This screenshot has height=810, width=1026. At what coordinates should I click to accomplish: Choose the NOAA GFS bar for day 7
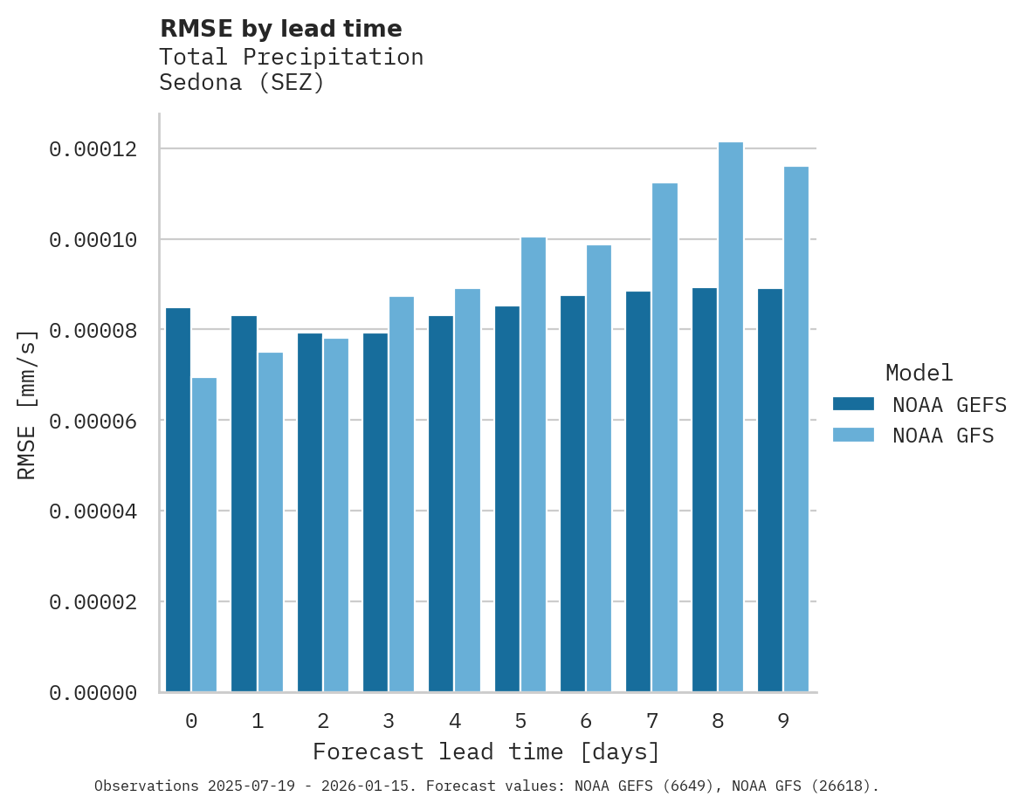click(664, 437)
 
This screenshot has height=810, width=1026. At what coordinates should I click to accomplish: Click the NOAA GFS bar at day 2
click(336, 515)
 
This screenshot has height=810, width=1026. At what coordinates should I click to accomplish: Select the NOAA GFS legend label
click(943, 435)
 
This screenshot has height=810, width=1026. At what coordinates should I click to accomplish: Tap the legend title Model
click(919, 373)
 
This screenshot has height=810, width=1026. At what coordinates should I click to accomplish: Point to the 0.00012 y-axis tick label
click(93, 149)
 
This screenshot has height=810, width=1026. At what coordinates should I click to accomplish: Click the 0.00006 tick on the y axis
click(93, 421)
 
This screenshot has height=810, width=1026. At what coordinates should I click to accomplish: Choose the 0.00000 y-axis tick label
click(93, 693)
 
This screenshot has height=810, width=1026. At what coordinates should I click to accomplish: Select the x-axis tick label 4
click(455, 722)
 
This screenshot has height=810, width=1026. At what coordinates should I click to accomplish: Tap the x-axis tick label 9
click(783, 722)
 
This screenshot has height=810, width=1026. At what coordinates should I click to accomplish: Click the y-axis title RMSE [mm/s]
click(27, 404)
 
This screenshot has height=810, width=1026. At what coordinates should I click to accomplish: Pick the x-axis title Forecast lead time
click(486, 752)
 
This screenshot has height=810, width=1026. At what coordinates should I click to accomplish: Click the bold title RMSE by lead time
click(280, 29)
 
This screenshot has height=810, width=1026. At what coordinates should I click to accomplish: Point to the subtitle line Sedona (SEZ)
click(242, 83)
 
